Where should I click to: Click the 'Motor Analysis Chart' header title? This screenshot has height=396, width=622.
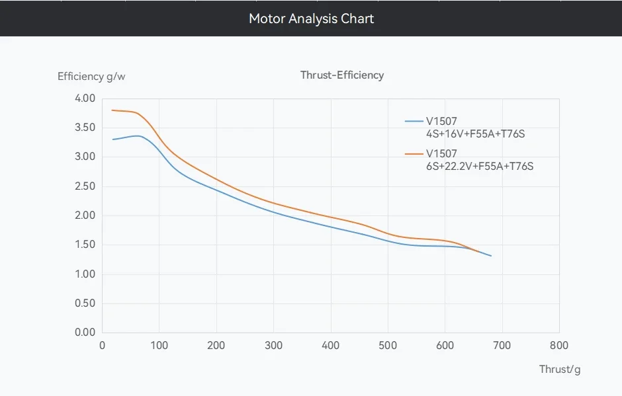point(311,19)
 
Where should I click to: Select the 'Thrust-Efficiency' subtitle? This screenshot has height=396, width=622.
point(341,75)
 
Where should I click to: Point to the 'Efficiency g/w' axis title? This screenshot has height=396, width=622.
point(91,76)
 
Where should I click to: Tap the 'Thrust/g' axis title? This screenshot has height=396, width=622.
point(559,369)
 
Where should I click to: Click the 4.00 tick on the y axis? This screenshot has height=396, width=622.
point(85,99)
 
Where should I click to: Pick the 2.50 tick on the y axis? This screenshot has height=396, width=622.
point(85,186)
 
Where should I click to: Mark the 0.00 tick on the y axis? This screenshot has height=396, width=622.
point(85,333)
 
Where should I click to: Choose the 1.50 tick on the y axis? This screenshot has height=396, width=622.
point(85,245)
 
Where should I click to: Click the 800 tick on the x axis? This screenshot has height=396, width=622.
point(559,345)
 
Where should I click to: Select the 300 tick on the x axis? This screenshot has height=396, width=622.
point(273,345)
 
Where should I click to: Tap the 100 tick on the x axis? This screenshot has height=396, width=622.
point(159,345)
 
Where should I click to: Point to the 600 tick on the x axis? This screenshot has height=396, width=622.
point(445,345)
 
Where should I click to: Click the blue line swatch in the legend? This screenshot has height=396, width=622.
point(414,121)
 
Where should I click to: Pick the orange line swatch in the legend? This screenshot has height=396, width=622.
point(414,153)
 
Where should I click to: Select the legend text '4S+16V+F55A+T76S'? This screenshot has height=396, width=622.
point(476,134)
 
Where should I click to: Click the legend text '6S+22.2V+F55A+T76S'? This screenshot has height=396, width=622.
point(480,166)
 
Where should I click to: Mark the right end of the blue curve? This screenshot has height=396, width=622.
point(491,255)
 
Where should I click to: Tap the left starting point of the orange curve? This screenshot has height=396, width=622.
point(112,110)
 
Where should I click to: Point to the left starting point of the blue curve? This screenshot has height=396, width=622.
point(112,139)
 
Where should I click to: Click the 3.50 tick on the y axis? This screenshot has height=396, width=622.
point(85,128)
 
